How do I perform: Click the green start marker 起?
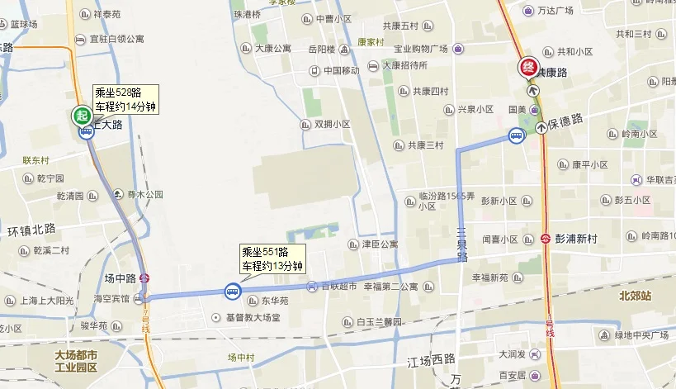click(x=82, y=116)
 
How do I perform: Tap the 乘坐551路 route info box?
click(x=272, y=259)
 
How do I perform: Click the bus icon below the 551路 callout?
click(x=232, y=291)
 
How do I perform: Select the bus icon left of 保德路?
click(x=516, y=136)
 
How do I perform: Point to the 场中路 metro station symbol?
click(x=145, y=278)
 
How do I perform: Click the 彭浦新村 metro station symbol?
click(x=546, y=239)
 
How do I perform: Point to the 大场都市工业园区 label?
click(x=76, y=361)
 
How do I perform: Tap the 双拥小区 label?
click(x=332, y=125)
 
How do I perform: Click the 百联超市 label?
click(x=338, y=286)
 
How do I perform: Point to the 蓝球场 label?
click(x=23, y=24)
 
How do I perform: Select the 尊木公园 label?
click(x=144, y=195)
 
